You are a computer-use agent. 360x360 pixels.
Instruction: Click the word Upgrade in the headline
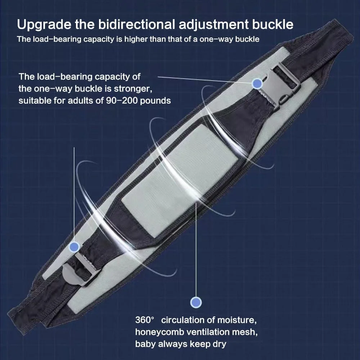[44, 25]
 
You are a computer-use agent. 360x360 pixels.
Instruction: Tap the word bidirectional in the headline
[136, 24]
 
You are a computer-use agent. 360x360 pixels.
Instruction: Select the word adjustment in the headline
[213, 25]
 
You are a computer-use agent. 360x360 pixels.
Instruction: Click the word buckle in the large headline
[273, 24]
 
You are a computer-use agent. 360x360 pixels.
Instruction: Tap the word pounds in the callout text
[155, 101]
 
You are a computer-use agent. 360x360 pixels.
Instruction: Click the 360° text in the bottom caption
[144, 320]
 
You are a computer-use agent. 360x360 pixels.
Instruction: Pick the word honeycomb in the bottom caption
[160, 332]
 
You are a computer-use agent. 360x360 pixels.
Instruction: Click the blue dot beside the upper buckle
[257, 84]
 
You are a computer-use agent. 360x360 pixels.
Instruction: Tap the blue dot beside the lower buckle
[74, 247]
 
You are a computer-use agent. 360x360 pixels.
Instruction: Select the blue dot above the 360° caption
[196, 302]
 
